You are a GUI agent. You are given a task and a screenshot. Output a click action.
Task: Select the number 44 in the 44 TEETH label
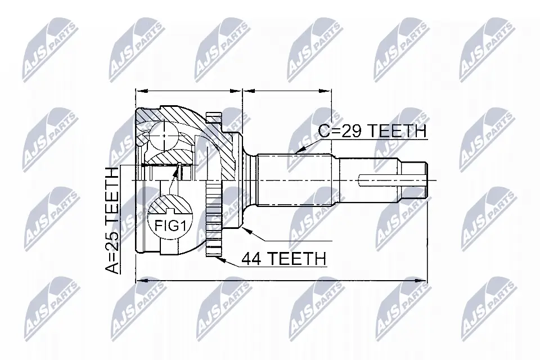253,259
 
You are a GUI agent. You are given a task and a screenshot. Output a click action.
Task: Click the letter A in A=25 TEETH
112,267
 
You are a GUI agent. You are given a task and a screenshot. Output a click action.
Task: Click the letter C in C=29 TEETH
325,131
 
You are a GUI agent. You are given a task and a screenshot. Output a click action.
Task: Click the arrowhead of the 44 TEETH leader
219,258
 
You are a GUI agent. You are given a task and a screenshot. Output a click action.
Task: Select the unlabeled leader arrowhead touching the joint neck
245,228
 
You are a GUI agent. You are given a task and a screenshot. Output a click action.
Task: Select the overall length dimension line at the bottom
281,280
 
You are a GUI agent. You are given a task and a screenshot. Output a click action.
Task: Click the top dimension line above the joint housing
188,90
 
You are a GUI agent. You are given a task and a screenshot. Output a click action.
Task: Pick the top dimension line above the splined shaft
287,90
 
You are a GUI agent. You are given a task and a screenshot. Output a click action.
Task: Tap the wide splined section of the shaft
298,180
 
